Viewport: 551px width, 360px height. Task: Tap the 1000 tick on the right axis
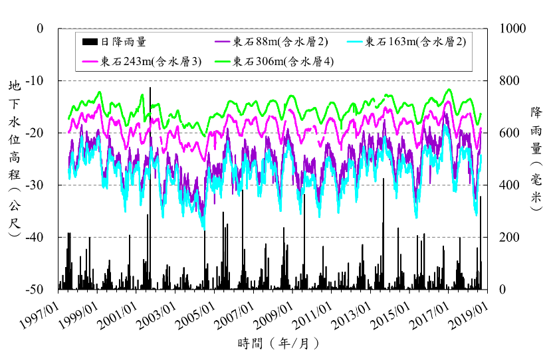509,29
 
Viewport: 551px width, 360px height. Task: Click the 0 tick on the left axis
40,29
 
